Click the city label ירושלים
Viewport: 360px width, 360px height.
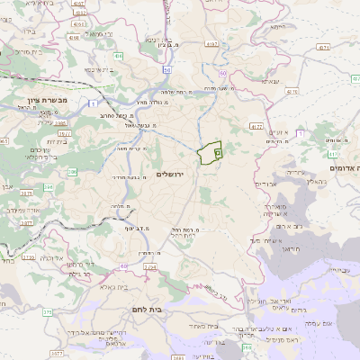(175, 174)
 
